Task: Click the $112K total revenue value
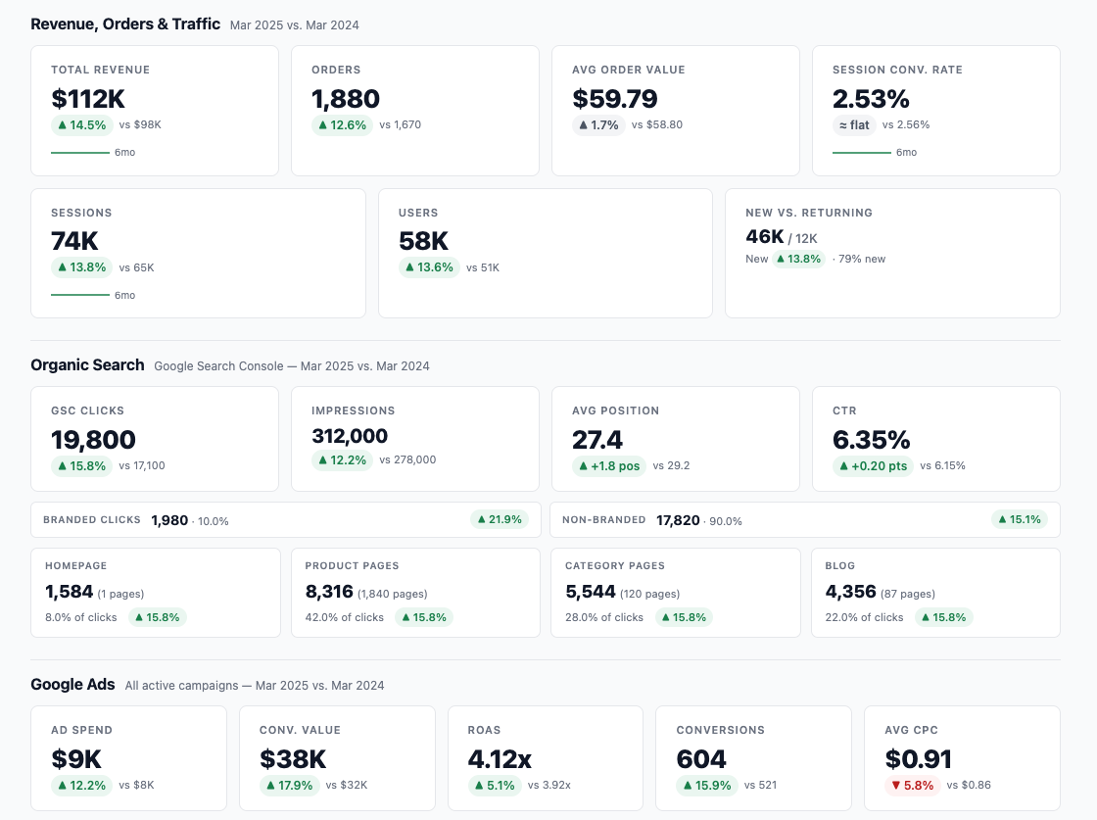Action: point(88,99)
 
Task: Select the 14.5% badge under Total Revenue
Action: point(81,125)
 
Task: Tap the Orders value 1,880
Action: point(346,99)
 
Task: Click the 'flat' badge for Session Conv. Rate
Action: point(853,125)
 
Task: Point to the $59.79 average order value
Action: point(614,99)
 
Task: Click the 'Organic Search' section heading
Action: point(87,365)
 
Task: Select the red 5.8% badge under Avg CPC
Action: point(912,786)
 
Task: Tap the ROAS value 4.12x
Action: point(500,759)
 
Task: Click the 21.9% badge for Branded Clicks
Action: point(499,519)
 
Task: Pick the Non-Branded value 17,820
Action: point(678,520)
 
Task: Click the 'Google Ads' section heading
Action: point(72,685)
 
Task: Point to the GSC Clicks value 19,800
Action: point(93,440)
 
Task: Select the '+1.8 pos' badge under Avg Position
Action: point(609,466)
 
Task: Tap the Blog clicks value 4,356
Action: point(850,592)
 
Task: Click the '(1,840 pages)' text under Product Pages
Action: point(392,594)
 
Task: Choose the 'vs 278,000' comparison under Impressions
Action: point(407,460)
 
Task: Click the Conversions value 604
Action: point(701,759)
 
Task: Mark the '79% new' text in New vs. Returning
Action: point(862,260)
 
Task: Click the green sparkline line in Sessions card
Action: point(79,295)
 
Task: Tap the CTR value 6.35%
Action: point(871,440)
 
